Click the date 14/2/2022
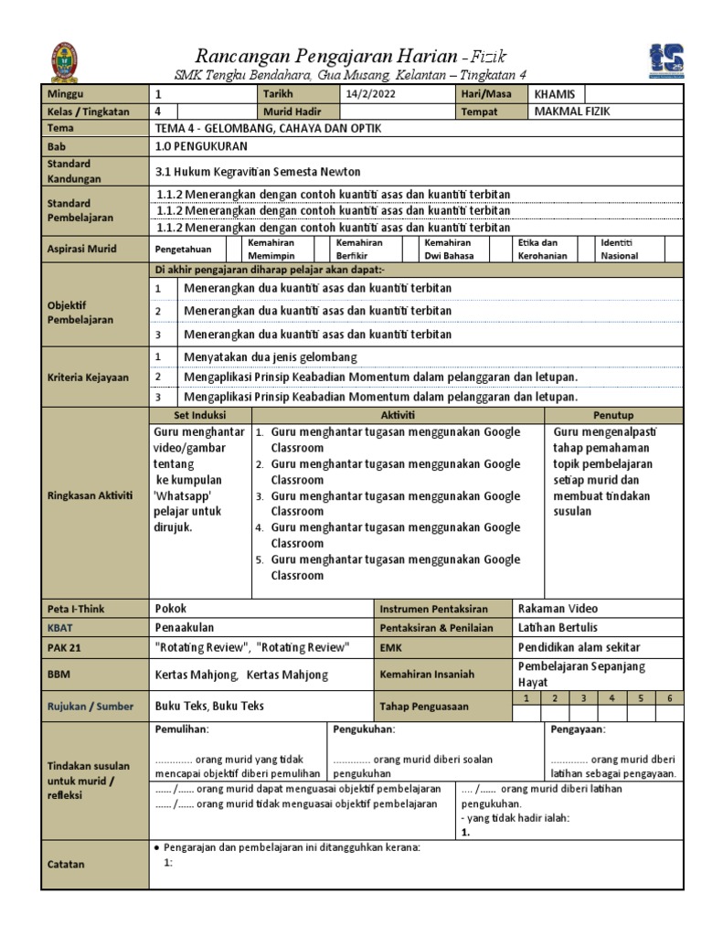click(371, 94)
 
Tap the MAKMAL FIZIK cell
click(571, 112)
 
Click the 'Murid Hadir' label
click(291, 112)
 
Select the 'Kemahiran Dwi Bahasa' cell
click(448, 250)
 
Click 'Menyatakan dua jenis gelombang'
click(271, 356)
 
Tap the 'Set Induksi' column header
click(199, 415)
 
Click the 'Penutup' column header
click(613, 415)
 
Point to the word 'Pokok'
click(171, 608)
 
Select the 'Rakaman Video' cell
click(558, 608)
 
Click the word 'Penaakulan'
click(184, 627)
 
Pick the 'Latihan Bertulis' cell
click(558, 627)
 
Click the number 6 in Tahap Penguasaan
click(669, 698)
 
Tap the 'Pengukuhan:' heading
click(364, 729)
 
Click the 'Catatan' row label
click(66, 864)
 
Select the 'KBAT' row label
click(59, 627)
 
